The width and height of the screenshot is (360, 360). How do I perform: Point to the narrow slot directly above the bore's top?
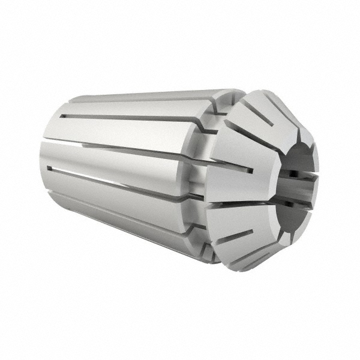tap(294, 120)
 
